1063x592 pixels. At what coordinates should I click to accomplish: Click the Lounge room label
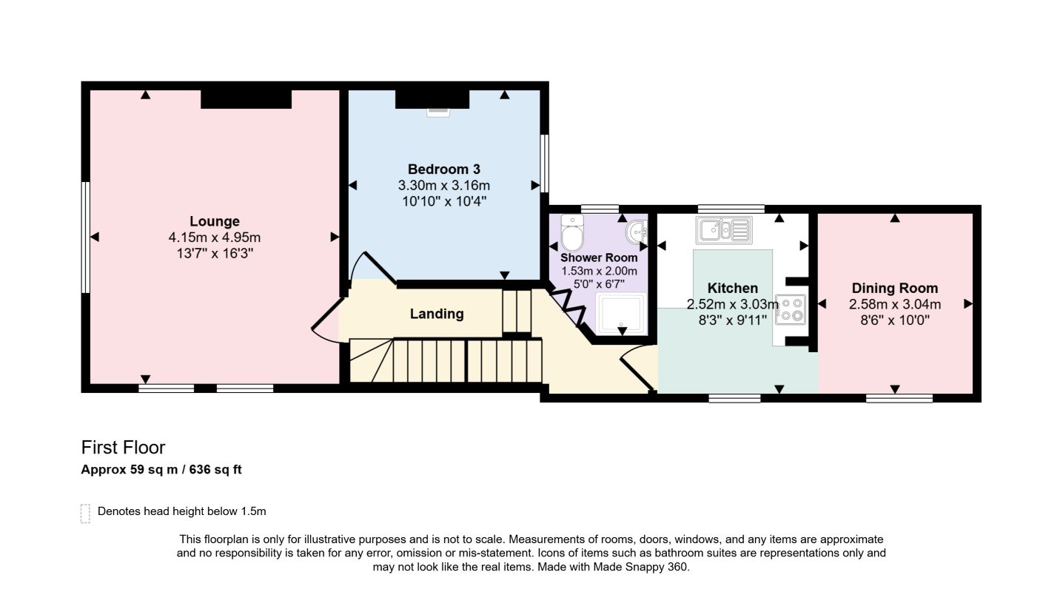[215, 221]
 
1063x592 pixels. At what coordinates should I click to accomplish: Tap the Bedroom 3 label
[443, 169]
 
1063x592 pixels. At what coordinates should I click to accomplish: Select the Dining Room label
[894, 288]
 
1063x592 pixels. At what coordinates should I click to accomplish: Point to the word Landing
[437, 314]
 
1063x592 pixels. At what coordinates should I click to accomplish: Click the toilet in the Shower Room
[572, 232]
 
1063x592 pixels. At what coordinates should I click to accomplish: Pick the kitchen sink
[724, 230]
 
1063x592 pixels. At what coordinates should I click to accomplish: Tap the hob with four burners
[790, 310]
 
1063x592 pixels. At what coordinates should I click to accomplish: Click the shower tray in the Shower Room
[621, 314]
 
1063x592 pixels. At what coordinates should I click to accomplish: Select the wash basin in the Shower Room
[637, 232]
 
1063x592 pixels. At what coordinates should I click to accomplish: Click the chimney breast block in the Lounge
[246, 99]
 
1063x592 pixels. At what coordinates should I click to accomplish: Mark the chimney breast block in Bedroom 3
[432, 99]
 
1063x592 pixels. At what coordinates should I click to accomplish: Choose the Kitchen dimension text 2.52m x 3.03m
[733, 304]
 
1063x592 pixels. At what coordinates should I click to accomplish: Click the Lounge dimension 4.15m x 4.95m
[215, 238]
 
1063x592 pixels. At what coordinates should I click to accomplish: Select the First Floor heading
[123, 447]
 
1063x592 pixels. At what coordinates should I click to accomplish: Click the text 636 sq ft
[215, 470]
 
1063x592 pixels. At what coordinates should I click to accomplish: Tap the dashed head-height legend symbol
[85, 514]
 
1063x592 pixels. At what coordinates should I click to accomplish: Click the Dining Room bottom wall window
[899, 398]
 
